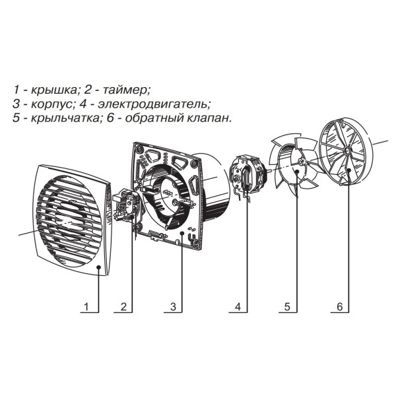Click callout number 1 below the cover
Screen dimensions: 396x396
point(85,307)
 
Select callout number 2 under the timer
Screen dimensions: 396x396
point(123,307)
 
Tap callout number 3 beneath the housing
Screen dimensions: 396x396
point(172,307)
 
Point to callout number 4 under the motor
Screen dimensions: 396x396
point(238,307)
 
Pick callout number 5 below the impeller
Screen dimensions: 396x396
point(287,307)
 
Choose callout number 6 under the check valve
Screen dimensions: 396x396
point(339,307)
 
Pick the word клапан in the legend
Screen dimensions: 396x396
point(213,119)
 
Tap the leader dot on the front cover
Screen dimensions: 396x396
point(99,267)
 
